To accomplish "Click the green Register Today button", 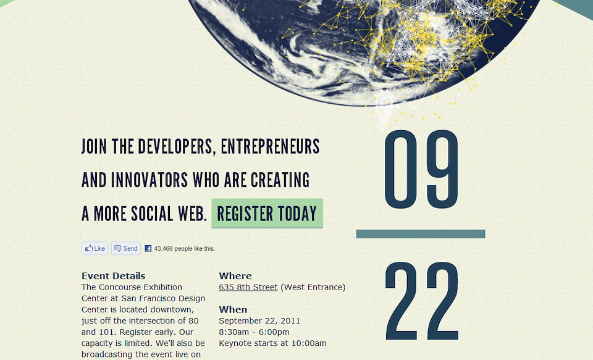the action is tap(267, 213).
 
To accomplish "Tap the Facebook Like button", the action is tap(95, 248).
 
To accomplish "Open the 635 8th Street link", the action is tap(248, 287).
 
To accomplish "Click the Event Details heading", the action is tap(114, 275).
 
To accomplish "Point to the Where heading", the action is tap(235, 275).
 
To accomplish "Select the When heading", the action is tap(233, 309).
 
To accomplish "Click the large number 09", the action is tap(421, 169).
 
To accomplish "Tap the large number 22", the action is tap(422, 301).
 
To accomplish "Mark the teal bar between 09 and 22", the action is tap(421, 234).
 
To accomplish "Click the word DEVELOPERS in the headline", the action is tap(177, 147).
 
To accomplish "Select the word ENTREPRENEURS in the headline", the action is tap(271, 147).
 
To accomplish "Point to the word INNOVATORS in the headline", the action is tap(149, 180).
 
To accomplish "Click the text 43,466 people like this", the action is tap(185, 248).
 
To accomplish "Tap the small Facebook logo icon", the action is tap(148, 248).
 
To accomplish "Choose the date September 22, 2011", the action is tap(259, 320).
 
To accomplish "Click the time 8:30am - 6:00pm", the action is tap(254, 332).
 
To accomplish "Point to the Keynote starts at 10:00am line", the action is tap(272, 343).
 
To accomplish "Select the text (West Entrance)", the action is tap(313, 287).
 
